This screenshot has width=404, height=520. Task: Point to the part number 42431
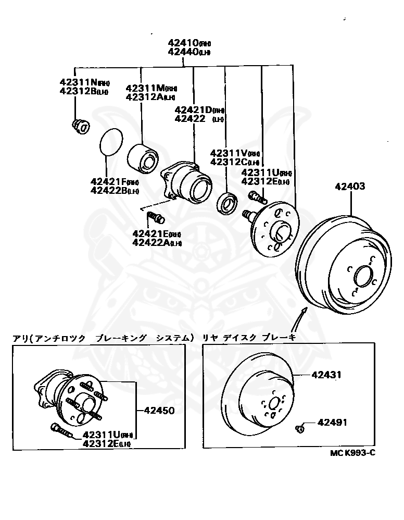326,375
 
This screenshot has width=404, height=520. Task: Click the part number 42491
332,423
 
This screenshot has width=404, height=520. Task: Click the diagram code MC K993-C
352,452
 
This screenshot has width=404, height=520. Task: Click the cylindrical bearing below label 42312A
143,157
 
